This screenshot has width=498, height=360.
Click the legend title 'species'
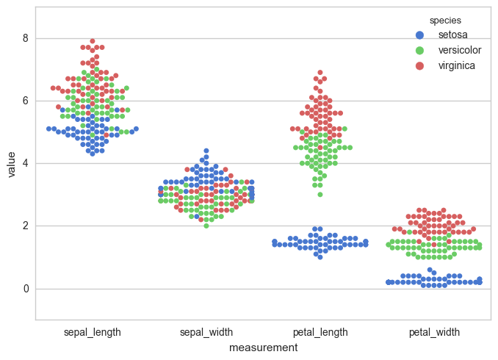445,20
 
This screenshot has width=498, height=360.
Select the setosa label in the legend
452,35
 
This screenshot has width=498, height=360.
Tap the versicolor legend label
459,50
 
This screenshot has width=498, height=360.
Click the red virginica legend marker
419,65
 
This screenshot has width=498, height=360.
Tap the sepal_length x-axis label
93,332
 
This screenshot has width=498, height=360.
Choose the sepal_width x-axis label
206,332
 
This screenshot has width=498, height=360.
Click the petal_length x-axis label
320,332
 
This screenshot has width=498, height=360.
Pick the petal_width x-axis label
434,332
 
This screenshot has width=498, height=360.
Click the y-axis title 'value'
11,163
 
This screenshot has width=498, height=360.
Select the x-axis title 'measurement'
263,348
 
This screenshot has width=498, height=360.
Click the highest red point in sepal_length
93,41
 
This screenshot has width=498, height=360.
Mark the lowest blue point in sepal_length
93,154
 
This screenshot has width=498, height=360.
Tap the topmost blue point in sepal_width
206,151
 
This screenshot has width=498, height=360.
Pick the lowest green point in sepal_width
206,226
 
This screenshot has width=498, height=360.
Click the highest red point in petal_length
320,73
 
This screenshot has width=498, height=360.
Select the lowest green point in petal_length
320,195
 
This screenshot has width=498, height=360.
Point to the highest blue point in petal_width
430,270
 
